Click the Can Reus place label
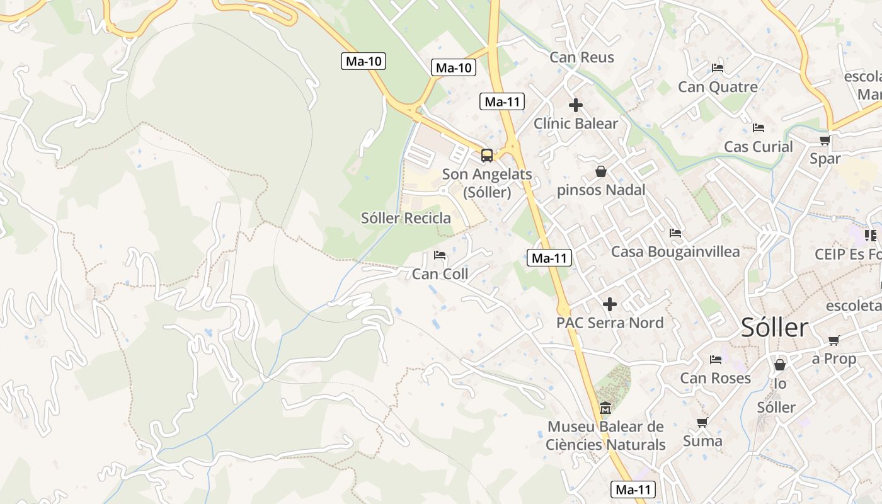pos(581,57)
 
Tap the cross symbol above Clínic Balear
pos(575,105)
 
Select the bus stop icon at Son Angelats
pos(487,155)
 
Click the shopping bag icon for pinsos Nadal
pos(601,171)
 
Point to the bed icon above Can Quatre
pos(717,68)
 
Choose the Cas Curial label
pos(758,147)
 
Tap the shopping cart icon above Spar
pos(825,140)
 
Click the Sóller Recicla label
pos(406,219)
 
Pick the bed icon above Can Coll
pos(440,255)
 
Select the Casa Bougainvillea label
pos(675,252)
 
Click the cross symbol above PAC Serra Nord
pos(609,304)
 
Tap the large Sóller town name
pos(774,328)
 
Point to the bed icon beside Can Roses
pos(716,360)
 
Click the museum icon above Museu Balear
pos(605,408)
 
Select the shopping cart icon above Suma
pos(702,422)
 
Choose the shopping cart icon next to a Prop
pos(833,341)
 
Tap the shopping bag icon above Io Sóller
pos(780,365)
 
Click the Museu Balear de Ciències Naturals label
pos(606,436)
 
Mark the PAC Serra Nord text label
pos(610,323)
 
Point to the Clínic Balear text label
pos(576,123)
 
